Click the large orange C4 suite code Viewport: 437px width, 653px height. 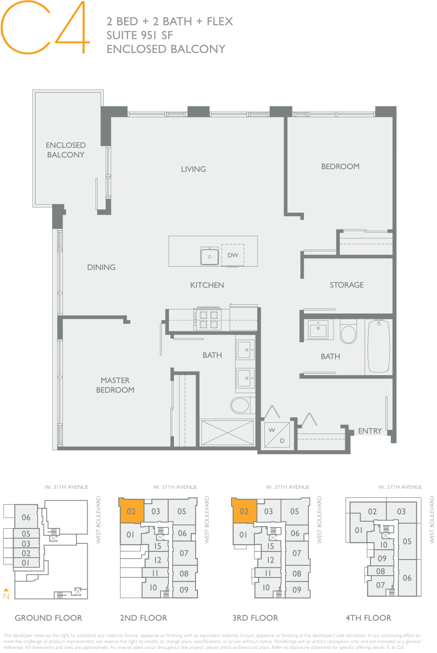45,28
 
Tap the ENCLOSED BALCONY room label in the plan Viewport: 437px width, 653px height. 66,150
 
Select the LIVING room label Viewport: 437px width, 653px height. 193,169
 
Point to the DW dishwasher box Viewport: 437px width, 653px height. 232,255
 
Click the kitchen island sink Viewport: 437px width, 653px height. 210,256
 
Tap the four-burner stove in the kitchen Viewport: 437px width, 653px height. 208,319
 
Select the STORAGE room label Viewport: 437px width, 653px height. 347,285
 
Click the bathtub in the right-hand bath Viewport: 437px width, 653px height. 379,346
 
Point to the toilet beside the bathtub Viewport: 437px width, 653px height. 348,333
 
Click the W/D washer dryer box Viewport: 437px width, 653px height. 277,435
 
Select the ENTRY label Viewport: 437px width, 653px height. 370,431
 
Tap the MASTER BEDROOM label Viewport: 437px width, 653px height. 115,385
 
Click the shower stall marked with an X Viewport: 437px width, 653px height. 227,433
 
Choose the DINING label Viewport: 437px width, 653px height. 101,267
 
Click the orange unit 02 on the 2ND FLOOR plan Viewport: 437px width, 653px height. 131,511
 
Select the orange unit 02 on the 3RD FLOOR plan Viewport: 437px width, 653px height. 244,511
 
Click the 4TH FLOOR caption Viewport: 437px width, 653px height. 368,618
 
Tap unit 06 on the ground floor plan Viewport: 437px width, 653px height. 26,517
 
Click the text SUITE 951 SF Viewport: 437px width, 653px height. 139,35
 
